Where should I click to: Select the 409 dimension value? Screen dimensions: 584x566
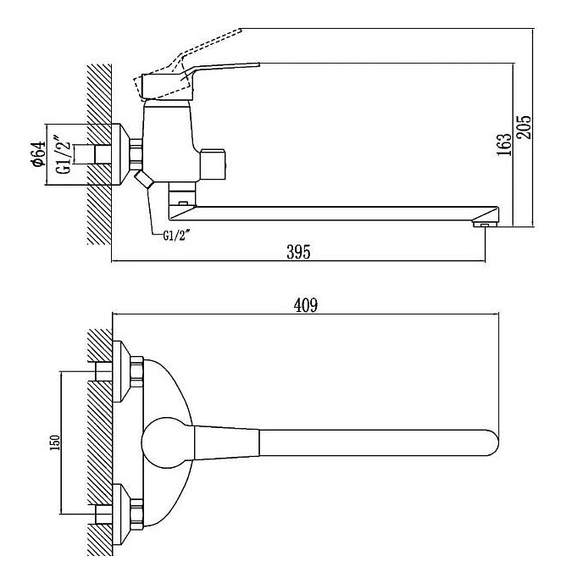[x=305, y=306]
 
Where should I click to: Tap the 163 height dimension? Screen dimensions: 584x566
[x=506, y=145]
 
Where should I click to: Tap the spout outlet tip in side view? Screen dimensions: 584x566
[x=484, y=225]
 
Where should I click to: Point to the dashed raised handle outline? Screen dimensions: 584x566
[x=212, y=47]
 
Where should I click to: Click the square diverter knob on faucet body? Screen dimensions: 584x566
[x=214, y=163]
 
